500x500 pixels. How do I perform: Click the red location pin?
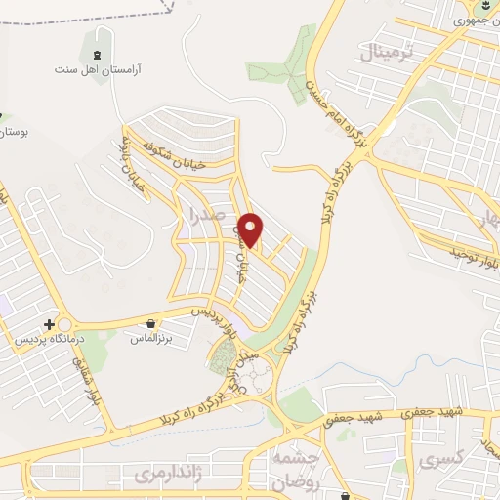[x=252, y=229]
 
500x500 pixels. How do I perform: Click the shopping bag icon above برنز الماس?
[x=151, y=321]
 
